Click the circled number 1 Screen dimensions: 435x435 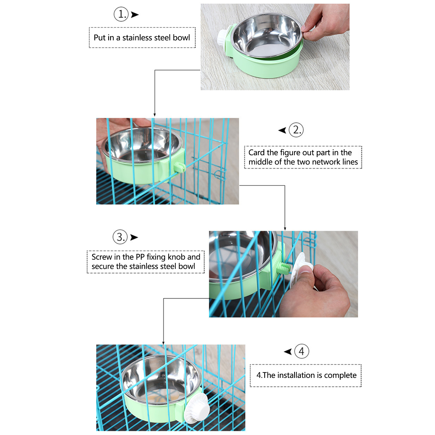pyautogui.click(x=121, y=14)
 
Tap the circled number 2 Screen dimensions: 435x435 pyautogui.click(x=296, y=130)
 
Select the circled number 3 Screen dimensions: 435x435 pyautogui.click(x=120, y=237)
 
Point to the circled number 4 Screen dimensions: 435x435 pyautogui.click(x=302, y=351)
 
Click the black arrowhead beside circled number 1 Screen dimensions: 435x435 pyautogui.click(x=135, y=15)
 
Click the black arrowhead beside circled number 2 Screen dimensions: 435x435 pyautogui.click(x=282, y=130)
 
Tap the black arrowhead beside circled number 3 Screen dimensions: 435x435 pyautogui.click(x=134, y=237)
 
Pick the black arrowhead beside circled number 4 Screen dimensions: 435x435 pyautogui.click(x=288, y=352)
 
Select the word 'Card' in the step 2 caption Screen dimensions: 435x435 pyautogui.click(x=256, y=153)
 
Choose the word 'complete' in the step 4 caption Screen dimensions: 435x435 pyautogui.click(x=340, y=375)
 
